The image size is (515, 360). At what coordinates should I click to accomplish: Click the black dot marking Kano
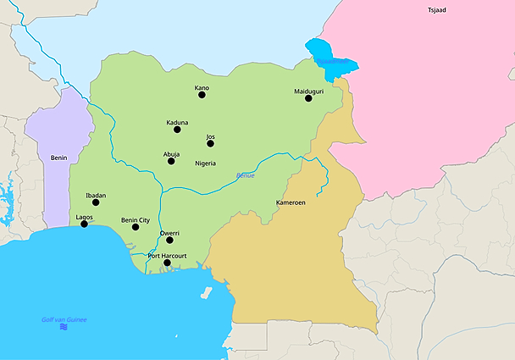coord(202,95)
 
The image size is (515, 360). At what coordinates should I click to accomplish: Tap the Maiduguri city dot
coord(309,98)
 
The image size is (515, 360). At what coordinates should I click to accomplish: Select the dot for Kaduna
coord(177,130)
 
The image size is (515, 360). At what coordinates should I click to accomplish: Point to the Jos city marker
coord(210,143)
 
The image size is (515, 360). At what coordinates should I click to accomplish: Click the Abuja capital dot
coord(171,161)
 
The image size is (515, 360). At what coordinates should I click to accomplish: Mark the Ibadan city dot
coord(96,202)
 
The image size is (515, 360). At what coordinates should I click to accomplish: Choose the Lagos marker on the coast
coord(84,224)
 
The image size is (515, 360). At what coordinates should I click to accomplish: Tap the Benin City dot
coord(136,227)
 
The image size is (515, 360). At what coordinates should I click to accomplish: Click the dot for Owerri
coord(169,240)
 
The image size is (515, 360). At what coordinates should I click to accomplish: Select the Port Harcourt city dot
coord(167,263)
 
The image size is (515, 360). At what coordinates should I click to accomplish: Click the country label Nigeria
coord(205,163)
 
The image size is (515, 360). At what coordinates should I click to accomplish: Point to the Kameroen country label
coord(291,203)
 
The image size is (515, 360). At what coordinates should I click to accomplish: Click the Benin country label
coord(58,158)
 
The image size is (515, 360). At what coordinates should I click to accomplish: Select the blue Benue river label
coord(245,175)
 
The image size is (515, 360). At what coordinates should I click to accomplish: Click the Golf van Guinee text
coord(64,319)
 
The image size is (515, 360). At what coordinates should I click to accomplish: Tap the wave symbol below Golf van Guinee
coord(64,327)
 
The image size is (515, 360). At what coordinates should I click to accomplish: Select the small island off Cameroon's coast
coord(206,293)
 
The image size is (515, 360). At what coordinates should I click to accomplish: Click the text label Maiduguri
coord(309,90)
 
